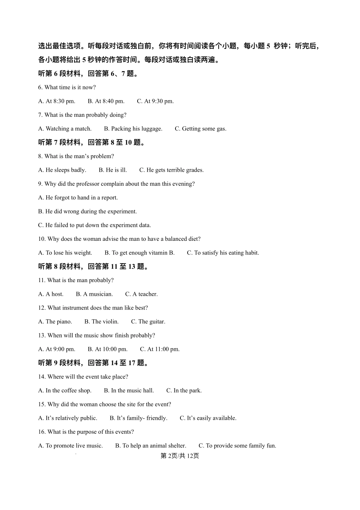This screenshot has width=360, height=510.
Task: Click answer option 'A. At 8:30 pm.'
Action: pyautogui.click(x=57, y=101)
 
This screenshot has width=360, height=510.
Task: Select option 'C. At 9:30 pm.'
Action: pyautogui.click(x=155, y=101)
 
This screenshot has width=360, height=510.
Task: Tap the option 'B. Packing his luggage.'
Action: pyautogui.click(x=133, y=129)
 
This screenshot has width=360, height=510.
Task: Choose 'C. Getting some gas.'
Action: pyautogui.click(x=200, y=129)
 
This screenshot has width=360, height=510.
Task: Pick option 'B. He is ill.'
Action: pyautogui.click(x=113, y=170)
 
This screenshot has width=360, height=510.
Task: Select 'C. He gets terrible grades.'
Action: pyautogui.click(x=171, y=170)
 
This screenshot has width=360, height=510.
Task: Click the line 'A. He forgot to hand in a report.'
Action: pyautogui.click(x=78, y=198)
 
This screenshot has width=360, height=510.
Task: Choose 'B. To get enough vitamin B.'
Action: pyautogui.click(x=139, y=253)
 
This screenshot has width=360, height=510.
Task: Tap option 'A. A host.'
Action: pyautogui.click(x=51, y=294)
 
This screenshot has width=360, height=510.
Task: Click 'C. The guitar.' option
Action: pyautogui.click(x=148, y=322)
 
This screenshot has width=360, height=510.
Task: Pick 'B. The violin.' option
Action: pyautogui.click(x=102, y=322)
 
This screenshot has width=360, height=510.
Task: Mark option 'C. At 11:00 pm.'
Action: pyautogui.click(x=160, y=349)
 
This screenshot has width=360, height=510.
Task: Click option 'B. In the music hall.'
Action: pyautogui.click(x=129, y=391)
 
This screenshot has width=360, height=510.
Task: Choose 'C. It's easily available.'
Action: pyautogui.click(x=208, y=418)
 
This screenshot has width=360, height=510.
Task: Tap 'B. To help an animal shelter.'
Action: pyautogui.click(x=150, y=446)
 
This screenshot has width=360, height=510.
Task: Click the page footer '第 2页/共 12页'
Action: pyautogui.click(x=180, y=456)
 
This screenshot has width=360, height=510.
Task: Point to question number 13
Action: pyautogui.click(x=42, y=336)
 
